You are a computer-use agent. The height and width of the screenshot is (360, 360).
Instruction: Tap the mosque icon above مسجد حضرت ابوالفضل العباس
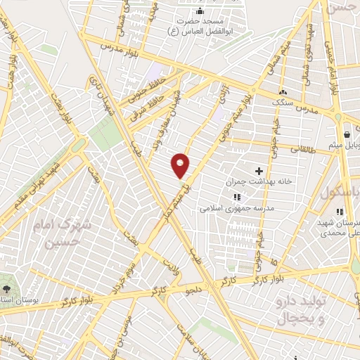point(200,11)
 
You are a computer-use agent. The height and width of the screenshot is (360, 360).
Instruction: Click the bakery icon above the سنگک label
point(283,92)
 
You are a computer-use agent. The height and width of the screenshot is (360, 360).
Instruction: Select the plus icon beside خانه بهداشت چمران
point(259,171)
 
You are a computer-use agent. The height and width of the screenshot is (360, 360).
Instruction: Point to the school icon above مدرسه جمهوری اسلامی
point(237,198)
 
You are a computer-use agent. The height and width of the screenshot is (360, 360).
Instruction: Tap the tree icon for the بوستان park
point(7,289)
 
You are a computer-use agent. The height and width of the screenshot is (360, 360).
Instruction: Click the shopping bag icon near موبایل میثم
point(347,134)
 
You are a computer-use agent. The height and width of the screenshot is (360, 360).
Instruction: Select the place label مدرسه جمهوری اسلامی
point(231,209)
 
